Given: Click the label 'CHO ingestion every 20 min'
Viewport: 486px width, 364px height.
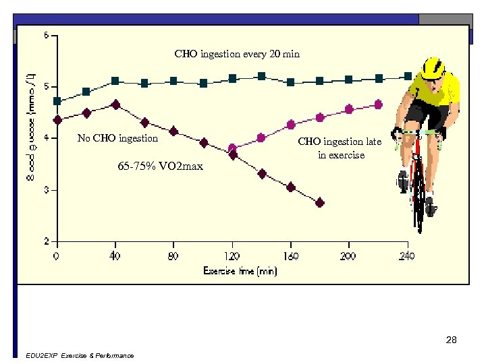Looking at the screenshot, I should point(236,54).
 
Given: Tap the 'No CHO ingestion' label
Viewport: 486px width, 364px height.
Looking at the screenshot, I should point(117,139).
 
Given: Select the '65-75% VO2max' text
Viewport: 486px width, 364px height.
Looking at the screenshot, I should point(160,166).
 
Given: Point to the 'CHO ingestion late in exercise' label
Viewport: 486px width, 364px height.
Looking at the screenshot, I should point(340,148).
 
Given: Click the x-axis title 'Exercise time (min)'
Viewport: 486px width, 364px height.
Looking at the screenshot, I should point(240,271).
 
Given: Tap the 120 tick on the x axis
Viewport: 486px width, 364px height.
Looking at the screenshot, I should point(232,256).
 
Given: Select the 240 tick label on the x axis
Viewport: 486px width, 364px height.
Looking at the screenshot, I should point(407,256).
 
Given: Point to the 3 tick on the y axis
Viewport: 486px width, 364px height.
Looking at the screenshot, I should point(47,190).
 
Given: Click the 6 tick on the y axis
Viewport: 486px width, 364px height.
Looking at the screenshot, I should point(47,35).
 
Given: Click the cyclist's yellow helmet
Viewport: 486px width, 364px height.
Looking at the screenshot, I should point(433,67).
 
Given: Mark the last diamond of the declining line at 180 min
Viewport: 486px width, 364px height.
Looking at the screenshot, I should point(320,202).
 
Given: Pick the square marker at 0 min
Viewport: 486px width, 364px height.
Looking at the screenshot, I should point(57,101).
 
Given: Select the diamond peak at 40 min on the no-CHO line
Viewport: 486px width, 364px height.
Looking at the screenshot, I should point(116,104).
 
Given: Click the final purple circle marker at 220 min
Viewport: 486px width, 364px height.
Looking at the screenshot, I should point(378,104).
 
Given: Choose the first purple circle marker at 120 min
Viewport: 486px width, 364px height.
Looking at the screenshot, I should point(233,148).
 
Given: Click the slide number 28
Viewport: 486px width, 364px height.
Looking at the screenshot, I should point(452,340).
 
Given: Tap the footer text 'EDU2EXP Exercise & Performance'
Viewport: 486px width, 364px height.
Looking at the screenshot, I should point(78,356).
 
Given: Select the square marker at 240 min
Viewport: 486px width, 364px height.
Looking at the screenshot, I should point(408,76).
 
